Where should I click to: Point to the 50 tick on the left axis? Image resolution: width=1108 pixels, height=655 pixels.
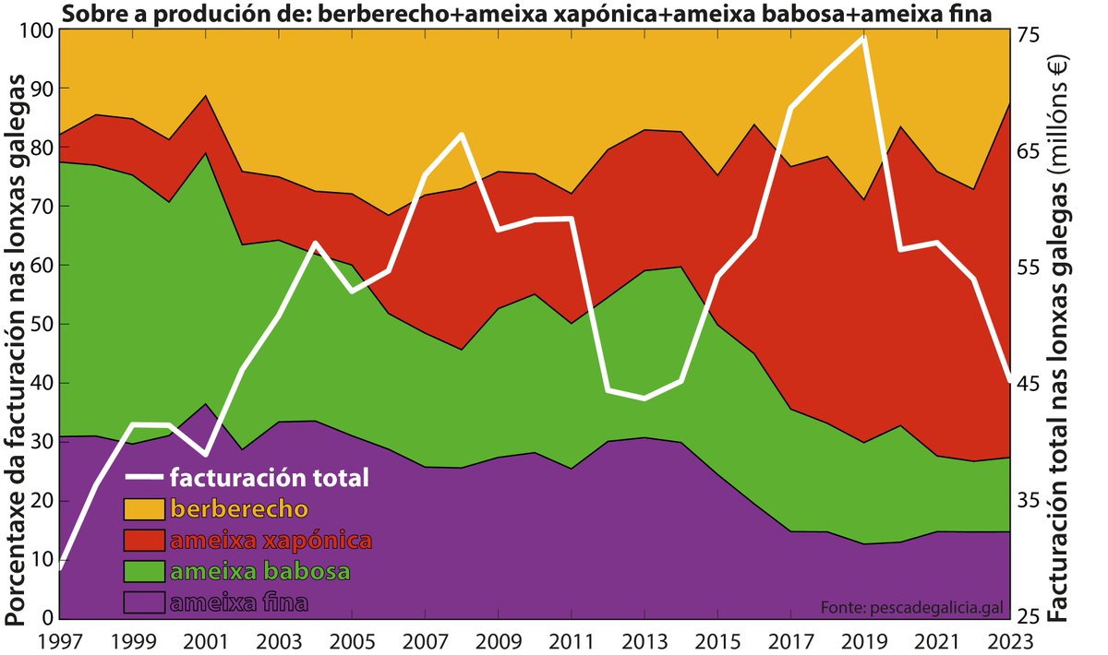point(42,325)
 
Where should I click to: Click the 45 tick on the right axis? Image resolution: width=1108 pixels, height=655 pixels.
point(1028,384)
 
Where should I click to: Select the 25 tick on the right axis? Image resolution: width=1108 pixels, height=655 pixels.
point(1028,616)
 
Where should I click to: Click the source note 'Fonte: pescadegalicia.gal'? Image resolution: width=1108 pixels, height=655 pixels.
point(910,606)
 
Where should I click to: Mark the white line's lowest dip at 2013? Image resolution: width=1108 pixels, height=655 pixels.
point(644,399)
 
